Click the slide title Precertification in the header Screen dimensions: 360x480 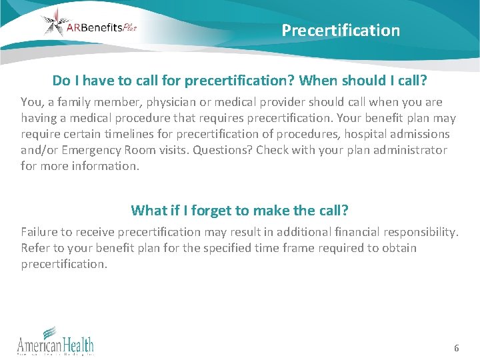coord(341,30)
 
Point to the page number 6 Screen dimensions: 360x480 coord(456,348)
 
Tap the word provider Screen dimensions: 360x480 coord(299,102)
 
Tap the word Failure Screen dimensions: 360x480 coord(39,232)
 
